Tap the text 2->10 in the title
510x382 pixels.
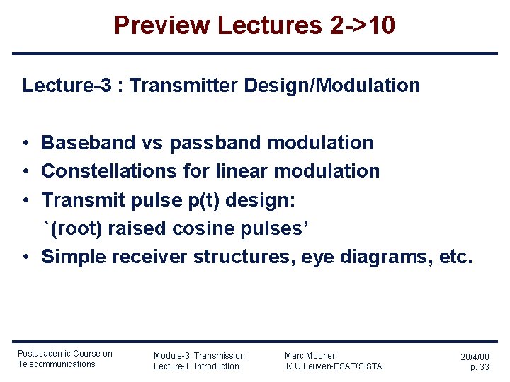[363, 25]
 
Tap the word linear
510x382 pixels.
[242, 171]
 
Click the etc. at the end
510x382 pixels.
[455, 257]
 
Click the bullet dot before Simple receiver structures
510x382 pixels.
[25, 257]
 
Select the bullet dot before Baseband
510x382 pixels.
[25, 144]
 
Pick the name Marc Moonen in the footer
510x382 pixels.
[311, 356]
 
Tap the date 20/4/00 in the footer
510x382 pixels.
[475, 357]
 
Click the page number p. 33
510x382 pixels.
[480, 367]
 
